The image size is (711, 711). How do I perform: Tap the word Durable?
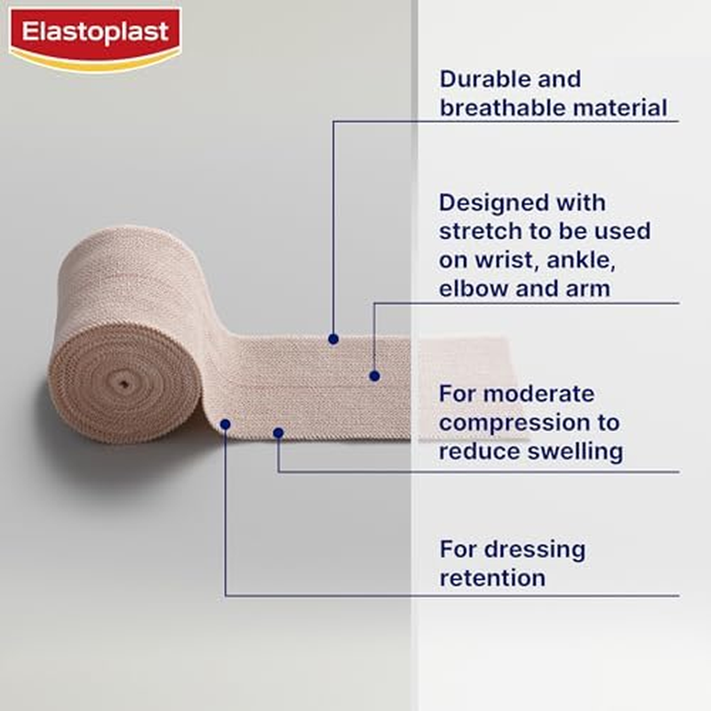tap(484, 78)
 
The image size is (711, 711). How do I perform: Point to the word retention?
tap(491, 578)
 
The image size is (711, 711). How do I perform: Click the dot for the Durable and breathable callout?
tap(332, 339)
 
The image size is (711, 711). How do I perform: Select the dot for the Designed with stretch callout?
tap(375, 376)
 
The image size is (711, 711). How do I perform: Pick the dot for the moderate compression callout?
tap(278, 433)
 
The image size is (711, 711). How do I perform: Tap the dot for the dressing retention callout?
tap(225, 424)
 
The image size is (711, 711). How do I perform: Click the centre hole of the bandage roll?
tap(124, 383)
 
